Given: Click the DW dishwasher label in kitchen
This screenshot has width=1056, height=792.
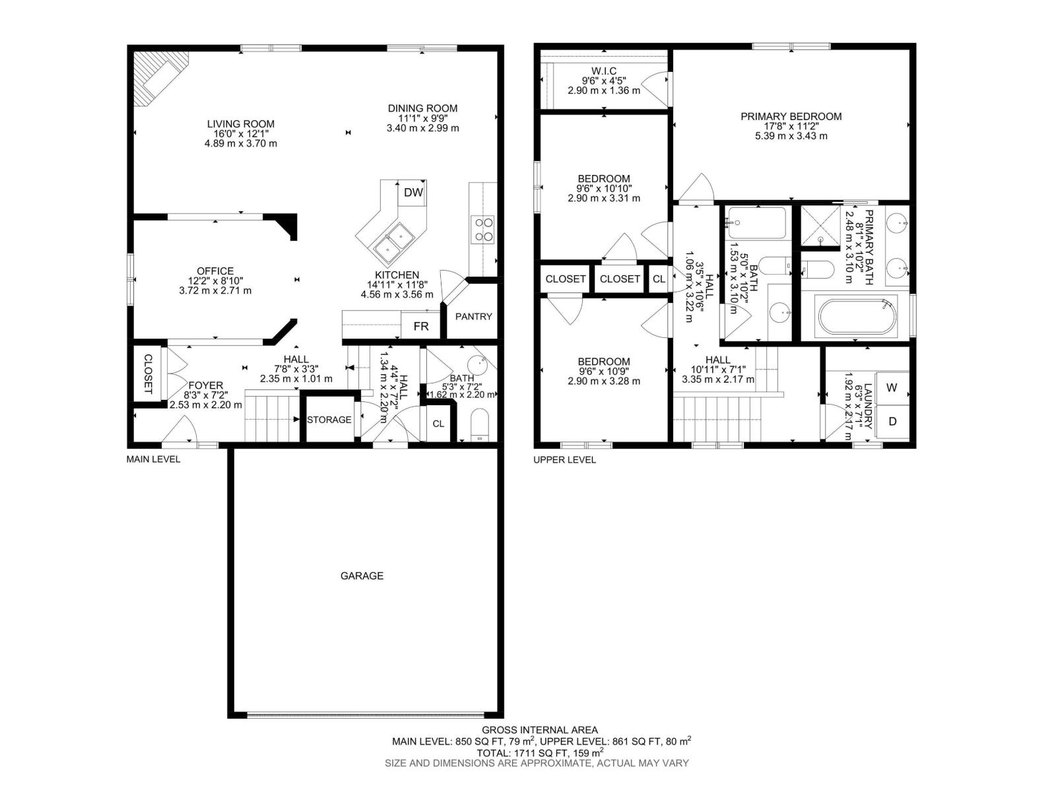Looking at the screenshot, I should click(413, 193).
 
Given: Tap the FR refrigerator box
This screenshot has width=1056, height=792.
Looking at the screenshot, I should click(421, 326).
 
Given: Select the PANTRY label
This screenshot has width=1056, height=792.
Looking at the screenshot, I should click(473, 316).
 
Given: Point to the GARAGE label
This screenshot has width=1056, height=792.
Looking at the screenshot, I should click(362, 576).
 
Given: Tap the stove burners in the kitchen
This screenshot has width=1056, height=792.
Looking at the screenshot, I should click(483, 228).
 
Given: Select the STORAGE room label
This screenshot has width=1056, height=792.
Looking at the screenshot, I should click(329, 420).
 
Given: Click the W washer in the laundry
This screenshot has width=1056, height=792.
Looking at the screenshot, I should click(891, 387).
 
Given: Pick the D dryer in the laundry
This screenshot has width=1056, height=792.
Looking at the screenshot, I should click(892, 421).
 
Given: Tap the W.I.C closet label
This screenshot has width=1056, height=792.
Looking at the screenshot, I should click(604, 70).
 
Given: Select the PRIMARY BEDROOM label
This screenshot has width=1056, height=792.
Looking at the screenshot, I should click(791, 116).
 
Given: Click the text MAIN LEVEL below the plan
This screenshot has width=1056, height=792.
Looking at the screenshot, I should click(153, 459).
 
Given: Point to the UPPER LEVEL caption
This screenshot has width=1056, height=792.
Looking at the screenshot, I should click(564, 459).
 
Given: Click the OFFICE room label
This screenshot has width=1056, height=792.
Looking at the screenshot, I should click(215, 271).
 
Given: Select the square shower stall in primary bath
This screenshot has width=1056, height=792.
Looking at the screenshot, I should click(820, 226).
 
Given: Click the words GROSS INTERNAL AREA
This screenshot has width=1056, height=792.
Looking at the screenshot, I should click(539, 729).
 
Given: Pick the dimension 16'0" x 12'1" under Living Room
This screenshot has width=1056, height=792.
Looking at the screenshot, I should click(240, 133).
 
